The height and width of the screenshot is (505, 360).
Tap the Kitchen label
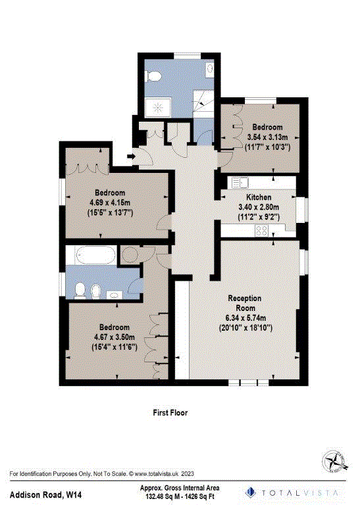[259, 197]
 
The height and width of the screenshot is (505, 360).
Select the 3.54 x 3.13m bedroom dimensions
[265, 137]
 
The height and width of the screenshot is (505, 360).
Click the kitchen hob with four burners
[261, 230]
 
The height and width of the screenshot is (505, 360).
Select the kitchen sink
[237, 182]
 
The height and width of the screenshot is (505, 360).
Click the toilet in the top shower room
[155, 76]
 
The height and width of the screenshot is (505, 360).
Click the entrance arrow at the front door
[130, 156]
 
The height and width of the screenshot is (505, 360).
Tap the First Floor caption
[170, 413]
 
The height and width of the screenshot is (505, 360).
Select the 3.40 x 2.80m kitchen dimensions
[259, 206]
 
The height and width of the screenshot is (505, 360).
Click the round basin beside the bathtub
[130, 253]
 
